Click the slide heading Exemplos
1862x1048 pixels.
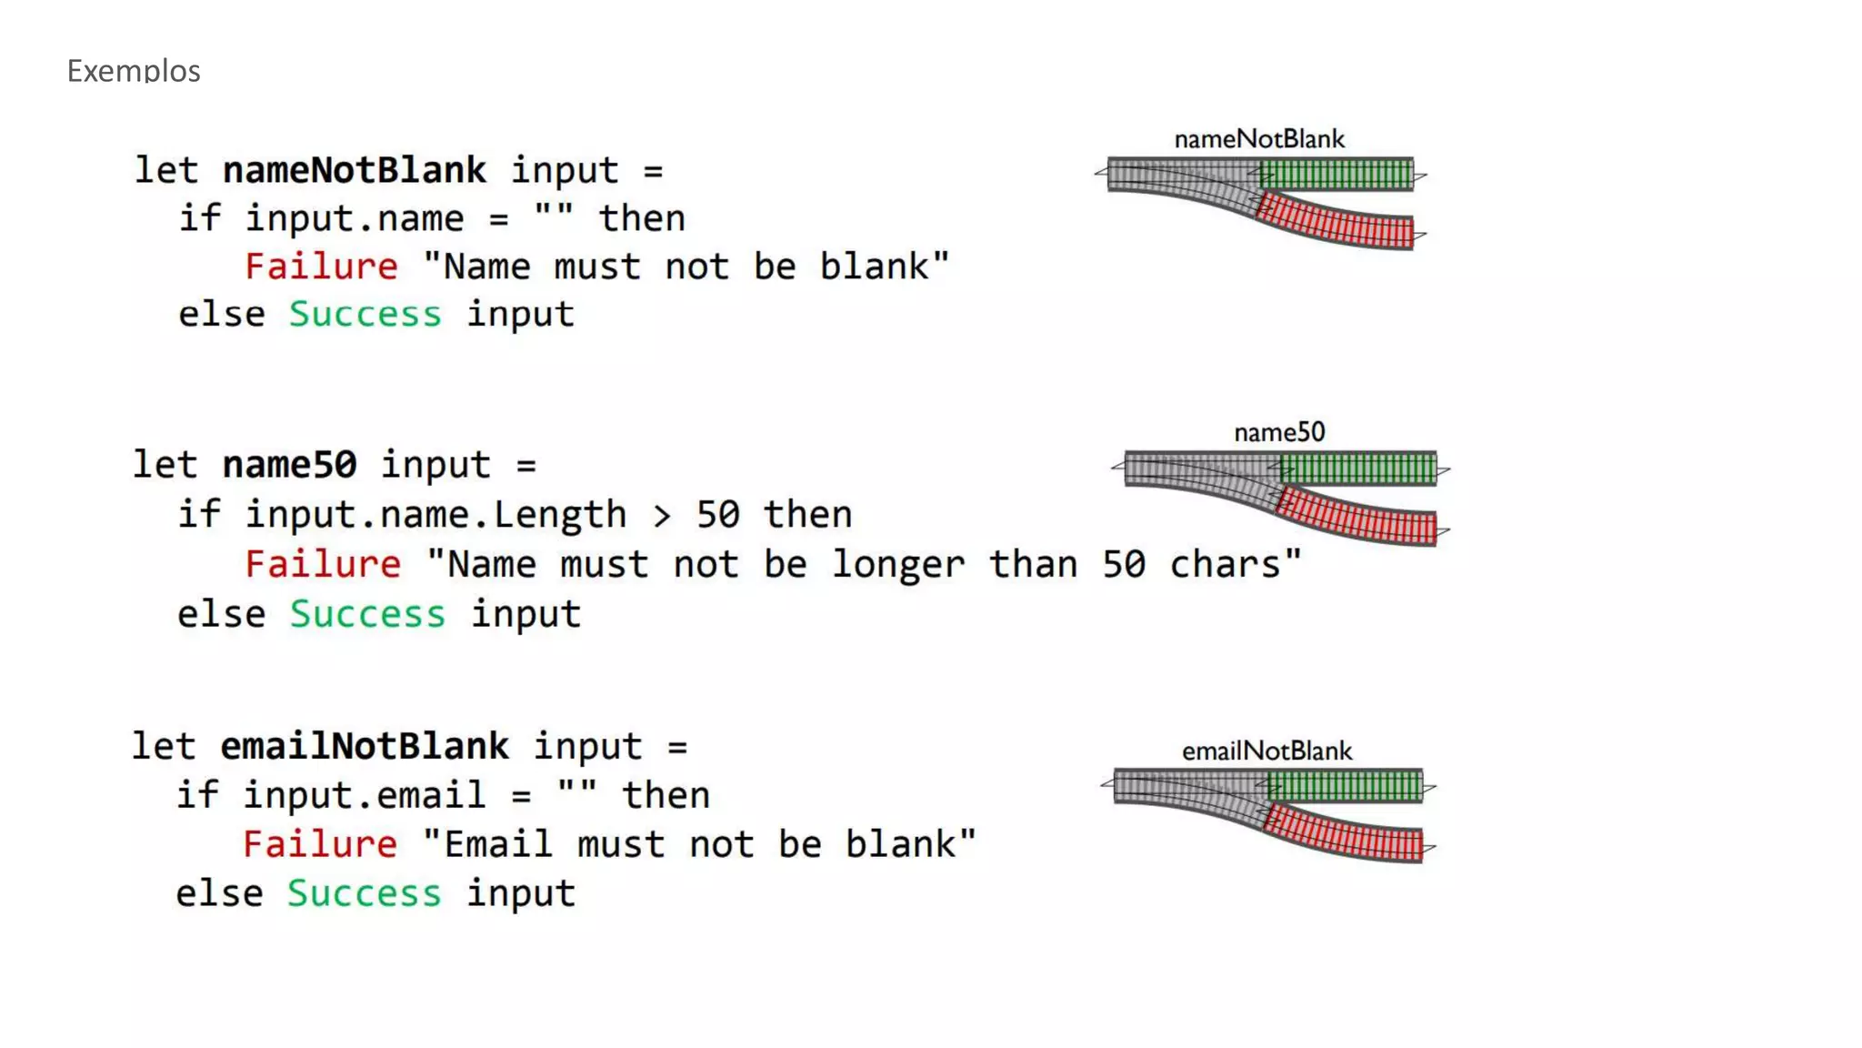coord(134,71)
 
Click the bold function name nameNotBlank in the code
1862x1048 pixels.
coord(354,170)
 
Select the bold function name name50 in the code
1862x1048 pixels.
coord(289,465)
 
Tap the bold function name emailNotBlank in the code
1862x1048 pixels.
coord(364,746)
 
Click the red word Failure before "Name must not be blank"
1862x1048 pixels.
coord(321,267)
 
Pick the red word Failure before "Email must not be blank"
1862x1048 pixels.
coord(319,844)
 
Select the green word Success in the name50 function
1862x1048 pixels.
coord(367,614)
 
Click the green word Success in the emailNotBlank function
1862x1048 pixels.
coord(364,893)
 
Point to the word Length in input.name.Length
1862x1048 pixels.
coord(559,515)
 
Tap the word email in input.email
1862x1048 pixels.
coord(431,796)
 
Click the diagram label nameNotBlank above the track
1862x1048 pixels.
coord(1259,139)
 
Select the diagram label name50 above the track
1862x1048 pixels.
coord(1279,432)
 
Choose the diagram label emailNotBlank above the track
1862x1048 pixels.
coord(1266,751)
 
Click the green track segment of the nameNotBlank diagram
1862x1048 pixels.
coord(1336,173)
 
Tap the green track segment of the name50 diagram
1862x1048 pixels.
coord(1358,469)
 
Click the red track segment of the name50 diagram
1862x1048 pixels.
coord(1358,519)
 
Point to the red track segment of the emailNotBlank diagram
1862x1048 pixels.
coord(1346,836)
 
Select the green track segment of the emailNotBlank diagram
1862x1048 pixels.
coord(1346,786)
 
